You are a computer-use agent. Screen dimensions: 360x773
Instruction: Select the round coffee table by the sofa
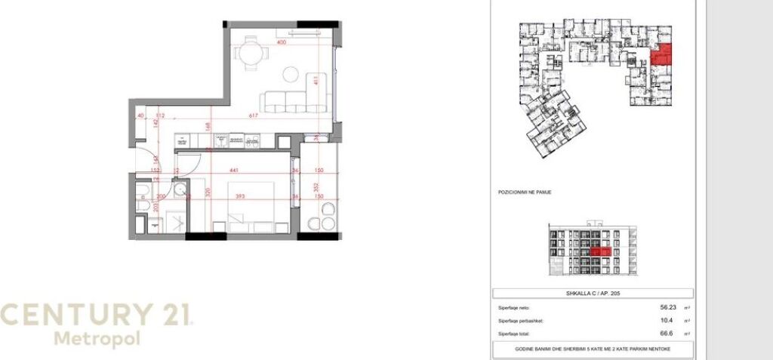(x=291, y=74)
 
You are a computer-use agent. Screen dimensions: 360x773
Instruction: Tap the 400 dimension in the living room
(x=282, y=43)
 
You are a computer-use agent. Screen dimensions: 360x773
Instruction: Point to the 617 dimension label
(x=254, y=115)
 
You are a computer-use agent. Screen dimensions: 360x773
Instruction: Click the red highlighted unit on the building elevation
(x=602, y=252)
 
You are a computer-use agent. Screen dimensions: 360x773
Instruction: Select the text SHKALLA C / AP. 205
(x=591, y=294)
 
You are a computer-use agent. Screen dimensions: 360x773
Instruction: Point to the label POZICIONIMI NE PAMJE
(x=525, y=192)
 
